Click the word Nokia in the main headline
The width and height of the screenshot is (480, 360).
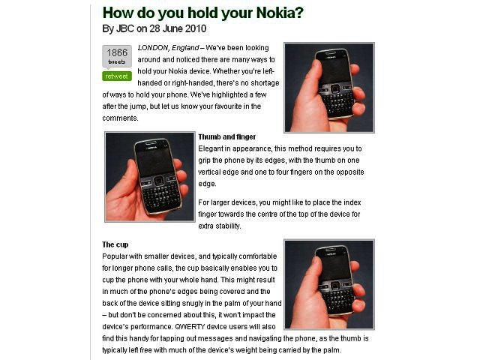pyautogui.click(x=276, y=13)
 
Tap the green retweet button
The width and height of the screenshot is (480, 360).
pyautogui.click(x=117, y=76)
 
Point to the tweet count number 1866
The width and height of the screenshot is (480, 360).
pyautogui.click(x=117, y=52)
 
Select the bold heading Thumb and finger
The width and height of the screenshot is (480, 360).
pyautogui.click(x=226, y=136)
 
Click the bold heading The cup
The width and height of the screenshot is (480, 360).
pyautogui.click(x=115, y=244)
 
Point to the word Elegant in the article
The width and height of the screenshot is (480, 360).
pyautogui.click(x=211, y=148)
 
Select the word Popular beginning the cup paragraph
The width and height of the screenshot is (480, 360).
pyautogui.click(x=114, y=256)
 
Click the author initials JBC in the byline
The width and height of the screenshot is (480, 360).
pyautogui.click(x=125, y=28)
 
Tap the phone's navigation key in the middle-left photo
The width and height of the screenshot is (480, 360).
pyautogui.click(x=158, y=181)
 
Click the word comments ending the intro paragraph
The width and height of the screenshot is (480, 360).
pyautogui.click(x=120, y=118)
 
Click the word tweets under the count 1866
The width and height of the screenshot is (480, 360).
pyautogui.click(x=117, y=61)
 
